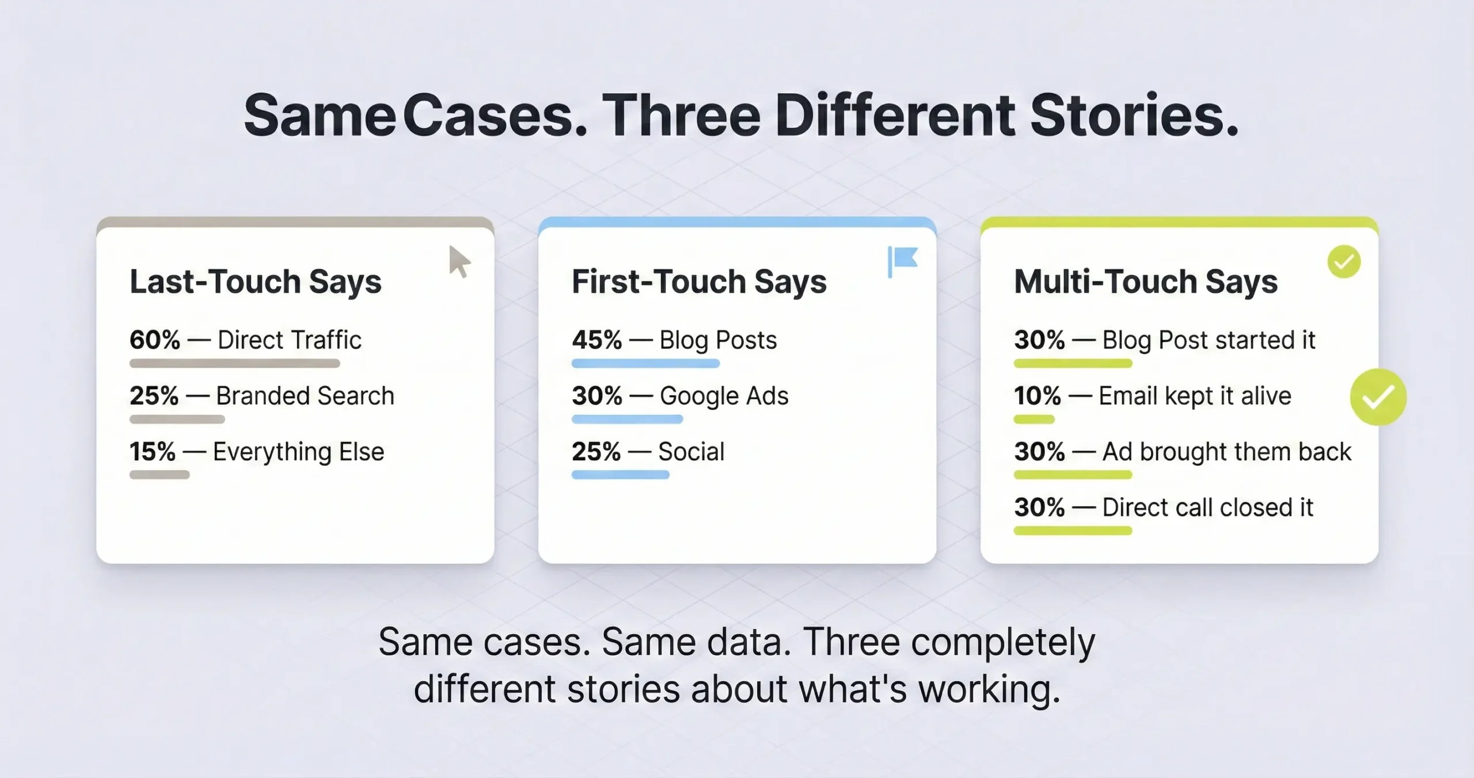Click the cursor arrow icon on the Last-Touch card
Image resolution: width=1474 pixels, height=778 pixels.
(x=459, y=262)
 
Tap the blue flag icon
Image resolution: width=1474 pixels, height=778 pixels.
(x=902, y=261)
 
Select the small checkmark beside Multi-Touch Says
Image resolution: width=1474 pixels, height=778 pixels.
(x=1344, y=262)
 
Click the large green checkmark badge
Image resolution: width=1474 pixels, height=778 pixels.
(x=1378, y=397)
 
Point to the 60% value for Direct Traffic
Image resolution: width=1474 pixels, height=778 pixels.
(x=154, y=340)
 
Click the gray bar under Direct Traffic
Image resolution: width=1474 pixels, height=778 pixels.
(x=234, y=363)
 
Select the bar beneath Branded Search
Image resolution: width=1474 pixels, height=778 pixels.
(x=177, y=419)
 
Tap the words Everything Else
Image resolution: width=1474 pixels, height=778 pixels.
(x=298, y=452)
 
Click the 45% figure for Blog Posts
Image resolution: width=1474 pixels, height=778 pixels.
(x=597, y=340)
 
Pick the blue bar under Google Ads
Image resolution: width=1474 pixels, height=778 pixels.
(x=627, y=419)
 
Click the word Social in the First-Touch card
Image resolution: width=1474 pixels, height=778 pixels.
(x=691, y=452)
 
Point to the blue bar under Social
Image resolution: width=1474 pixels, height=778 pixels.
(x=620, y=475)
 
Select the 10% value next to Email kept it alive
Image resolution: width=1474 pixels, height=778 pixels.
(x=1037, y=396)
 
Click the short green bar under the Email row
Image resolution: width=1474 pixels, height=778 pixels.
(x=1034, y=419)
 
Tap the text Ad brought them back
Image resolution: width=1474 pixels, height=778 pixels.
(x=1226, y=452)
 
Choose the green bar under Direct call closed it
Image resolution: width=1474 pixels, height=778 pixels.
(x=1073, y=531)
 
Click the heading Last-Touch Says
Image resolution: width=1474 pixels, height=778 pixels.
(x=255, y=281)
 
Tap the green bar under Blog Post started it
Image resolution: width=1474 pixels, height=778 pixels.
(x=1073, y=363)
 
